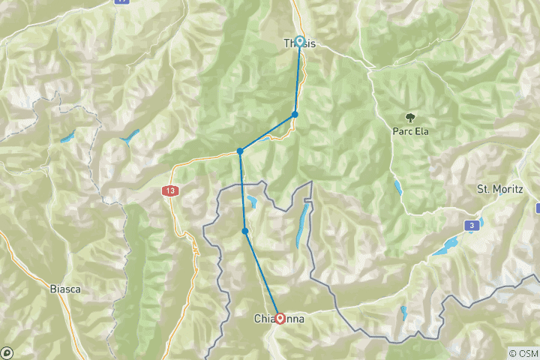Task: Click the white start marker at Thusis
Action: (300, 42)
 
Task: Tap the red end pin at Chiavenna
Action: (280, 317)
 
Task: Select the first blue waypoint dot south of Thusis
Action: (295, 114)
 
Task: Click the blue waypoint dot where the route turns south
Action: (240, 151)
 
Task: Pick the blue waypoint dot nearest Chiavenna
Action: (245, 231)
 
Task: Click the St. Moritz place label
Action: (499, 189)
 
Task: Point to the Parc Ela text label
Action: (410, 130)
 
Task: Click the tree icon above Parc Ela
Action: (410, 117)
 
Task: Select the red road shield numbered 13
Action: (170, 192)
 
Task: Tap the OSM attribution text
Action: (523, 352)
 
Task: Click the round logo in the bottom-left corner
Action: (7, 352)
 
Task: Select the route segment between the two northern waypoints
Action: (268, 133)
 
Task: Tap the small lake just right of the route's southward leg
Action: (253, 202)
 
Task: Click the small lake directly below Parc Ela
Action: (397, 187)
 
